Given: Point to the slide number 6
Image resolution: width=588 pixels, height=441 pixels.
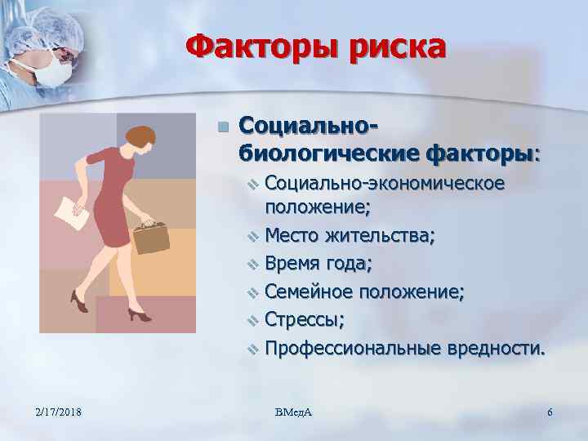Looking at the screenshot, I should (550, 412).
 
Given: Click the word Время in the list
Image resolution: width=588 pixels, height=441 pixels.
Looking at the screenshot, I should (292, 264).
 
